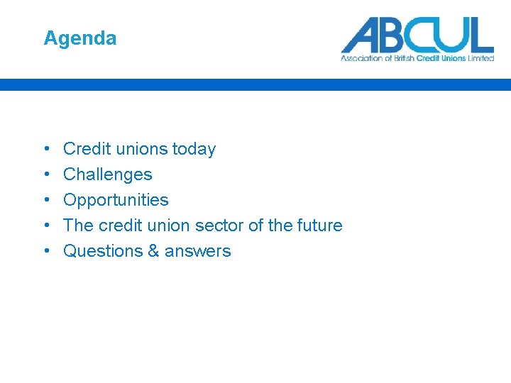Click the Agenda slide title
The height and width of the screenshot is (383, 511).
click(x=79, y=38)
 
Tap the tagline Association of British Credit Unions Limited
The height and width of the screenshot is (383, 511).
click(x=417, y=58)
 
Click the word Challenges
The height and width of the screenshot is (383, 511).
click(x=107, y=174)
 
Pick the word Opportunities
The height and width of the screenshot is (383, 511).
click(x=116, y=201)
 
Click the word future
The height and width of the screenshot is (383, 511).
click(x=319, y=226)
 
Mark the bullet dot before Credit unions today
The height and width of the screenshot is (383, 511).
click(x=46, y=150)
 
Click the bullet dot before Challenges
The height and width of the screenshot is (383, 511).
click(x=46, y=175)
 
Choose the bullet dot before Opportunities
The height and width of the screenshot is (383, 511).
click(x=46, y=201)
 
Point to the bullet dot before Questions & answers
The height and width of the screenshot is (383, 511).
click(x=46, y=252)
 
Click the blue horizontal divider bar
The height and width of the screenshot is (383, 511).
click(x=255, y=84)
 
